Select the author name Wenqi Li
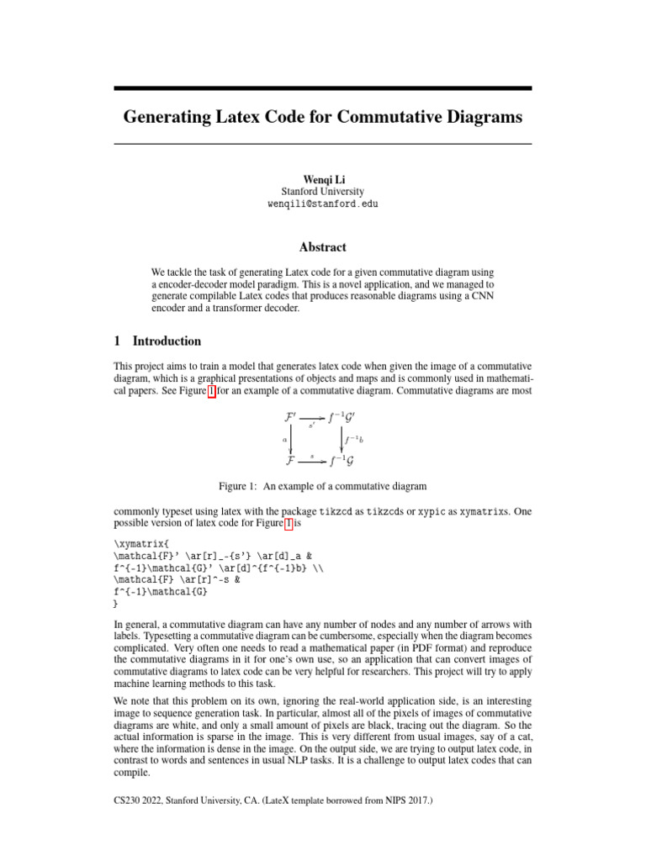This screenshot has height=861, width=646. [x=322, y=178]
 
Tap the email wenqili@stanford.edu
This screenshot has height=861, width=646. [x=322, y=204]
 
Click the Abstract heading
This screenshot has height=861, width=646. [x=322, y=247]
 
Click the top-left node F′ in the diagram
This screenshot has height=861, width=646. [x=291, y=416]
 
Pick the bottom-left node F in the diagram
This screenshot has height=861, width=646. [x=290, y=461]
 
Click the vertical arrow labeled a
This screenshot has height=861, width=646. [x=291, y=438]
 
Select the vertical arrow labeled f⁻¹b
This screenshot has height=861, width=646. [x=342, y=438]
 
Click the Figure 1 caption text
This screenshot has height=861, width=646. [x=322, y=486]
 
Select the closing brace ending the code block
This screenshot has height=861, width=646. [x=115, y=604]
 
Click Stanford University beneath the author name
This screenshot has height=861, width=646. [x=322, y=192]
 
